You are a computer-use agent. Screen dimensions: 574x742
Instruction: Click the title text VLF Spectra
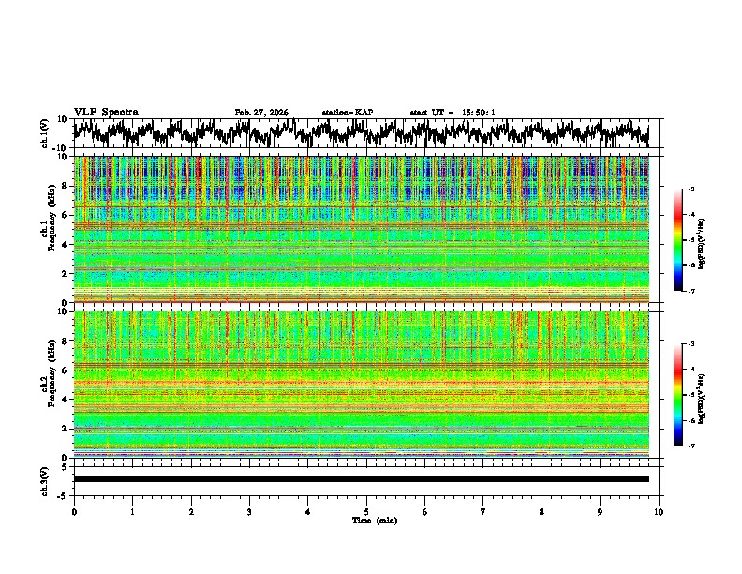pyautogui.click(x=106, y=112)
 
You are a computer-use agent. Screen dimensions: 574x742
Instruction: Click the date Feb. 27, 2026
pyautogui.click(x=261, y=113)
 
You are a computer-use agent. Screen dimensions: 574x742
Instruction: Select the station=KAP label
pyautogui.click(x=347, y=113)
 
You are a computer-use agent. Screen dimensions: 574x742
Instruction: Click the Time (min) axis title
pyautogui.click(x=366, y=520)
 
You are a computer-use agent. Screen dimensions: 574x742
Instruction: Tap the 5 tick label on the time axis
pyautogui.click(x=366, y=511)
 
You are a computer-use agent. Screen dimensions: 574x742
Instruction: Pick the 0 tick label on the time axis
pyautogui.click(x=74, y=511)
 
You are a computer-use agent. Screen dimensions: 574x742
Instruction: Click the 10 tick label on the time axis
pyautogui.click(x=659, y=511)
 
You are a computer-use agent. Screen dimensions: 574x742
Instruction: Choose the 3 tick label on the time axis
pyautogui.click(x=249, y=511)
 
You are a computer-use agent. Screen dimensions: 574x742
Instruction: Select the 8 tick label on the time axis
pyautogui.click(x=542, y=511)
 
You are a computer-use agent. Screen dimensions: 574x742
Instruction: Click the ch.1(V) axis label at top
pyautogui.click(x=46, y=133)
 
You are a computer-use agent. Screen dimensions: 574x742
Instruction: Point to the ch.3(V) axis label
pyautogui.click(x=46, y=479)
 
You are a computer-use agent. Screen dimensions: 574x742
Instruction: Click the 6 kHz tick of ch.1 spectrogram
pyautogui.click(x=64, y=215)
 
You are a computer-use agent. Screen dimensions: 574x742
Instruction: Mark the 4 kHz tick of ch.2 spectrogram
pyautogui.click(x=64, y=400)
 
